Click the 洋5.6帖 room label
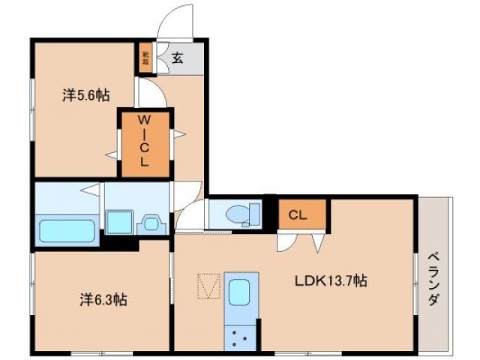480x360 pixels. [85, 95]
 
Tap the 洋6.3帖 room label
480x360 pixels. [103, 300]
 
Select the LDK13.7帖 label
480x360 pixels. [330, 281]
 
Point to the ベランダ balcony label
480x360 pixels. [435, 277]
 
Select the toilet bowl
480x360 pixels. [241, 214]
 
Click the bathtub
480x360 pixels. [67, 229]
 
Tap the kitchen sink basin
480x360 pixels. [241, 289]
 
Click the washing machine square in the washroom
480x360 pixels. [118, 223]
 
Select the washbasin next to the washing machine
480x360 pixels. [151, 223]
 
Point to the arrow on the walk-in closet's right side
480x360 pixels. [179, 134]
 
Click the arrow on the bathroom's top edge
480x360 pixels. [90, 188]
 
